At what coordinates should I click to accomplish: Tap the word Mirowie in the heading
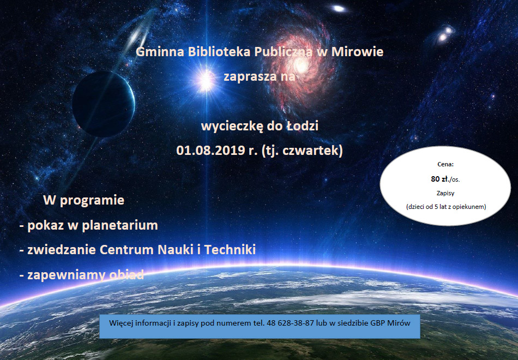[358, 52]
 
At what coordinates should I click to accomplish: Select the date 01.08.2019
[211, 151]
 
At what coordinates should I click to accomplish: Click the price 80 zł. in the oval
[440, 179]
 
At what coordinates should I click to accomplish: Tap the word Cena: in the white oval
[445, 164]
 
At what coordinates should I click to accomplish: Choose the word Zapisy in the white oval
[445, 193]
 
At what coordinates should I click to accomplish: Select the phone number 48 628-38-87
[293, 323]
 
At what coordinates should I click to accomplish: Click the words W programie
[83, 200]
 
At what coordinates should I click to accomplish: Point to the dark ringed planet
[104, 104]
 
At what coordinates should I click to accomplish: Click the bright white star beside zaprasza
[206, 80]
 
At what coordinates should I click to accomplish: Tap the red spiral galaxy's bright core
[300, 65]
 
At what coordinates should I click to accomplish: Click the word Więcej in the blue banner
[121, 323]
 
